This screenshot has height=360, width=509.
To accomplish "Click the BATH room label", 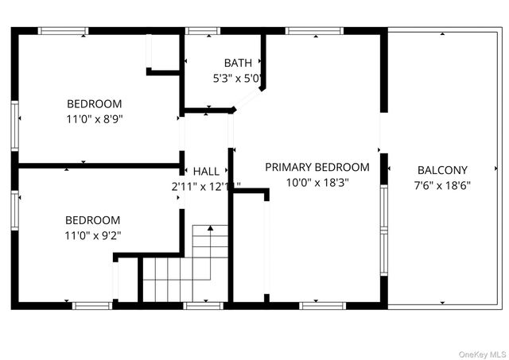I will pos(238,63).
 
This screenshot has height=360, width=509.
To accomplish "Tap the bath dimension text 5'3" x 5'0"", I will pos(238,79).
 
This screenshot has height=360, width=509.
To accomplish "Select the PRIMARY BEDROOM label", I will pos(317,167).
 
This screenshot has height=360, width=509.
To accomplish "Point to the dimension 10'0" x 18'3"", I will pos(317,182).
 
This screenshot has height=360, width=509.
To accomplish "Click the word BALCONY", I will pos(442,170).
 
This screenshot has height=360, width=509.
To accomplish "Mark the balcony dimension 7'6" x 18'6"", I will pos(442,185).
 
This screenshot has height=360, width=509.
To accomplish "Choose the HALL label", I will pos(206,172).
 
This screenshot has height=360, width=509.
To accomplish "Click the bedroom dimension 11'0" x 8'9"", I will pos(94,118).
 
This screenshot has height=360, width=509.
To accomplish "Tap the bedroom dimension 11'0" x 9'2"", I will pos(93,235).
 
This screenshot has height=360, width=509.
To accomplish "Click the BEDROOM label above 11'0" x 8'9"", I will pos(94,103).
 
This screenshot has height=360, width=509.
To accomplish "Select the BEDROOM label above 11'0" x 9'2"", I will pos(93,220).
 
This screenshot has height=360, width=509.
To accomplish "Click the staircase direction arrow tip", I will pos(210,228).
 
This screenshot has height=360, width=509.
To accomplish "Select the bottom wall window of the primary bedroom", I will pos(322,304).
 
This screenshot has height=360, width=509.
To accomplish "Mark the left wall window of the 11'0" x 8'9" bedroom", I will pos(14,126).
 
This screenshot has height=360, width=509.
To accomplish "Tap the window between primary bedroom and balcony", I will pos(384,230).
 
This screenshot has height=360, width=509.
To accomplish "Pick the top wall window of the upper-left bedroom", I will pos(63,31).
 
